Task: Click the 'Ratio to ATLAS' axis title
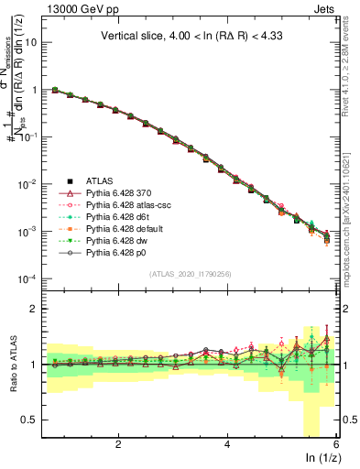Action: (x=12, y=365)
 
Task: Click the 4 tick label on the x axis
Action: (x=227, y=444)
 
